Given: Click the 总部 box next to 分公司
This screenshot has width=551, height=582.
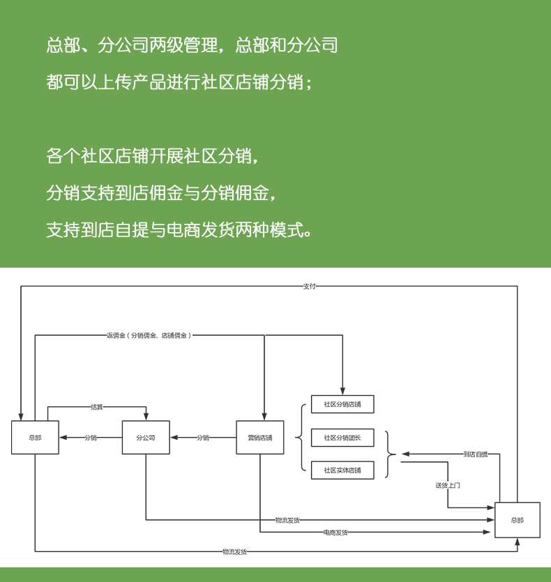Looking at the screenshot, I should point(35,438).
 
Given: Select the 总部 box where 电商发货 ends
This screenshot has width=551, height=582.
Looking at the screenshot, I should point(517,520).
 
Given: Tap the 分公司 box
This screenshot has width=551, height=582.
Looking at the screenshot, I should point(146,438).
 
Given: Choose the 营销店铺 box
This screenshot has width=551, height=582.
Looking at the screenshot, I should point(259,438).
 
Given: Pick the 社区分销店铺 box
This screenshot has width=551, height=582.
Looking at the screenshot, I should point(342,404).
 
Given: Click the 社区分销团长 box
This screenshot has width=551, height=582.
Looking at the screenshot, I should point(342,438).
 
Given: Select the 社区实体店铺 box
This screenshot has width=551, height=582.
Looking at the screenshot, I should point(342,470).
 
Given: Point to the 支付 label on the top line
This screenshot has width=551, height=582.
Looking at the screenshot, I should point(309,286).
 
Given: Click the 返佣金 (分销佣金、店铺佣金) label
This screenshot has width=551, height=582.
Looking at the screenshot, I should point(149,335).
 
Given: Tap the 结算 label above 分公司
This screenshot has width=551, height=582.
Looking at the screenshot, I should point(96,407).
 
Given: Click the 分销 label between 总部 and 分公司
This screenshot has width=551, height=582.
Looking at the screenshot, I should point(91,438).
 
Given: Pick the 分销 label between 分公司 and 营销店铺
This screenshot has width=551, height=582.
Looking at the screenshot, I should point(202,438).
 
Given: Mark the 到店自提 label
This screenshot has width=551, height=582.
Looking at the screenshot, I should point(476,454).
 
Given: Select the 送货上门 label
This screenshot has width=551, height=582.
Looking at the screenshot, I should point(448,485).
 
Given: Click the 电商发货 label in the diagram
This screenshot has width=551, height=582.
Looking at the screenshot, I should point(335,533).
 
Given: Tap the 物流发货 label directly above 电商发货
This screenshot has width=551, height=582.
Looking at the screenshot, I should point(287,520).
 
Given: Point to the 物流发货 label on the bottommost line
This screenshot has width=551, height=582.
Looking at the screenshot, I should point(234,552).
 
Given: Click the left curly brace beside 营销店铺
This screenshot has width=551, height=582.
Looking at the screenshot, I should point(301,438).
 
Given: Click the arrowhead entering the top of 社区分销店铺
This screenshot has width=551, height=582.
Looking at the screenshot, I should point(342,391).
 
